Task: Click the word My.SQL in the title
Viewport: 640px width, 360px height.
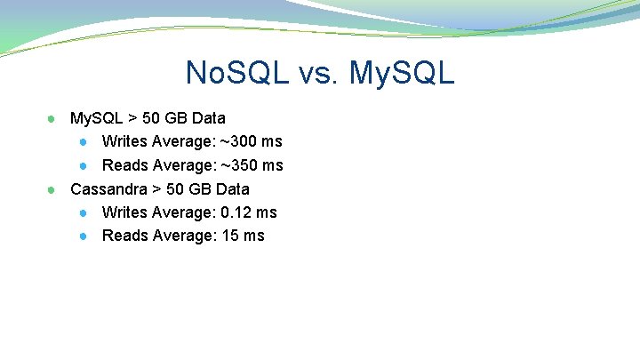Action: (x=402, y=72)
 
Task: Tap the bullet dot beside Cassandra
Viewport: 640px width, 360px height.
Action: (x=52, y=189)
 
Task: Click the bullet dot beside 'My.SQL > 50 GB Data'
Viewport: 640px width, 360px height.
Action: (x=52, y=118)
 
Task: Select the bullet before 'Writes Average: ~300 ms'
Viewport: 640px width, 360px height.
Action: (x=83, y=142)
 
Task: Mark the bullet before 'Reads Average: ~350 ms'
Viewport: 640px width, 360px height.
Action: (x=83, y=166)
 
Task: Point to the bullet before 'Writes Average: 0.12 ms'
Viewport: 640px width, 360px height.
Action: (x=83, y=213)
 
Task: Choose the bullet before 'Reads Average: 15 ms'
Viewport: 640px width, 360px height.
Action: (x=83, y=236)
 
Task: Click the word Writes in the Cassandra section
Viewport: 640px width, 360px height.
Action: (x=124, y=212)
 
